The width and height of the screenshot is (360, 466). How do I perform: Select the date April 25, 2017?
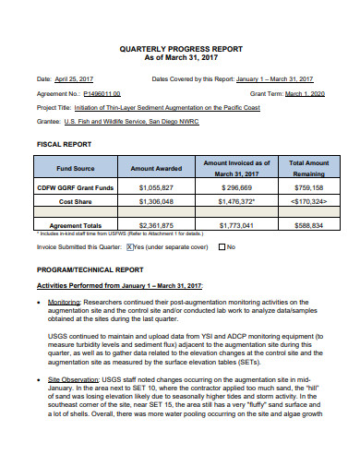tap(76, 79)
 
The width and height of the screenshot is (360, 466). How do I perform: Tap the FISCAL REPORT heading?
tap(65, 145)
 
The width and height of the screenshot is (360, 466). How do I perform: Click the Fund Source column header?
tap(75, 169)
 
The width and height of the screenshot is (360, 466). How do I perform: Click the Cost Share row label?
tap(75, 200)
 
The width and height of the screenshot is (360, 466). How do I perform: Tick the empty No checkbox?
tap(222, 247)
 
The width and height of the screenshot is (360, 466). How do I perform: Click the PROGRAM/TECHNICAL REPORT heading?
tap(90, 269)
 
